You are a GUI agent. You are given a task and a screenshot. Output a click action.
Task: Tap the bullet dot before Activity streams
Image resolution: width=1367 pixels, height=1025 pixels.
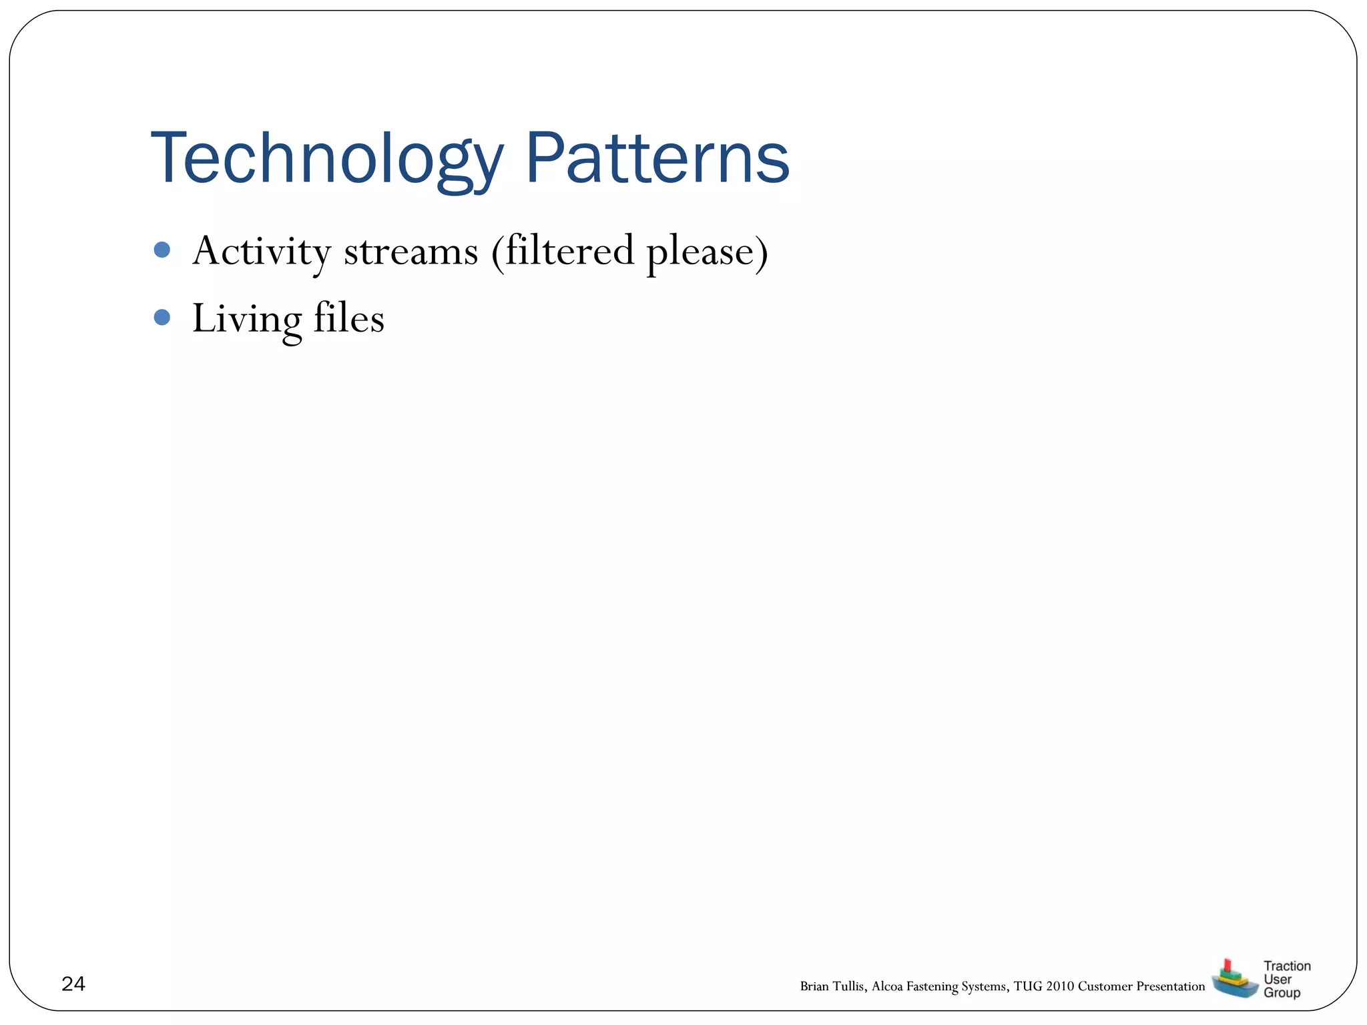tap(162, 250)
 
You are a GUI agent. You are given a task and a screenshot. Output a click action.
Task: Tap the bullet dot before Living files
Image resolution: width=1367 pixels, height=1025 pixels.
tap(162, 316)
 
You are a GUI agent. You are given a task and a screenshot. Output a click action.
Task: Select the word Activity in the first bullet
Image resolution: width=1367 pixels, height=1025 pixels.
tap(262, 252)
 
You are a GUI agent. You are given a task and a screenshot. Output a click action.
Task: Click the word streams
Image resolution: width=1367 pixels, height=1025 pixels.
tap(411, 252)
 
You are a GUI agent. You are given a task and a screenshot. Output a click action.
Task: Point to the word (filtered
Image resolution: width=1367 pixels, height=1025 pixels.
tap(563, 252)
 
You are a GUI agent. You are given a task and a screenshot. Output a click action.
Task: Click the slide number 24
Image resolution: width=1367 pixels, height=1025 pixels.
tap(73, 984)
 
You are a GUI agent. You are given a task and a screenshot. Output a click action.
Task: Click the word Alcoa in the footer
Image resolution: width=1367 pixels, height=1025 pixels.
tap(887, 986)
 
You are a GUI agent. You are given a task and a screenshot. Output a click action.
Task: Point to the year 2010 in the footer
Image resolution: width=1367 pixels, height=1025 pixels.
tap(1060, 986)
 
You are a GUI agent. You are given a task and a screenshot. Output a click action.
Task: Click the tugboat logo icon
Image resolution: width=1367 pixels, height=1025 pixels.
tap(1234, 980)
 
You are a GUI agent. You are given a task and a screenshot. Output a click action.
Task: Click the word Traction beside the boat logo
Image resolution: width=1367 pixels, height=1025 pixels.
tap(1287, 966)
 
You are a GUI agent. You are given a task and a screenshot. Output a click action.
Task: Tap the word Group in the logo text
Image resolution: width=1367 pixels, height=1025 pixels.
tap(1282, 992)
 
